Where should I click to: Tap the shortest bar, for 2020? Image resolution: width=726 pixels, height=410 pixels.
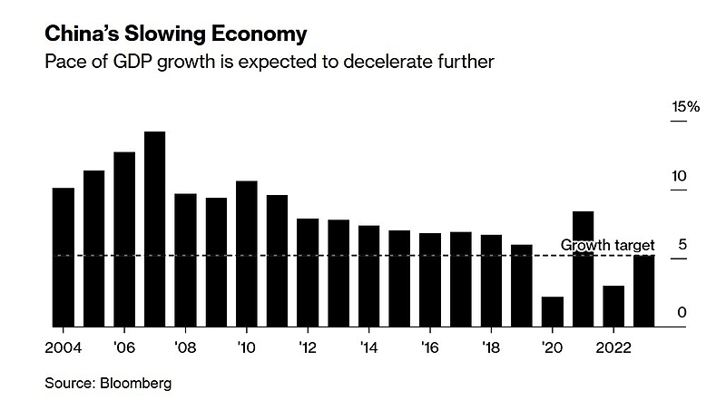[552, 311]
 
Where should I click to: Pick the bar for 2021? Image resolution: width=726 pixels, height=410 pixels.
[583, 268]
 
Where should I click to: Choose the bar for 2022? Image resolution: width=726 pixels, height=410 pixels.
[613, 306]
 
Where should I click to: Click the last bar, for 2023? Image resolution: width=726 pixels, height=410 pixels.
[643, 290]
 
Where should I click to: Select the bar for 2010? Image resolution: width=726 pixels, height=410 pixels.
[246, 253]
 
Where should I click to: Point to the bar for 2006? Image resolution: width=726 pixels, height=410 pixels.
[124, 239]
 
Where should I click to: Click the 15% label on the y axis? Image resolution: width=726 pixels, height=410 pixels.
[685, 107]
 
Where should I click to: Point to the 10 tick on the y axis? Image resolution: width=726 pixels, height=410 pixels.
[678, 176]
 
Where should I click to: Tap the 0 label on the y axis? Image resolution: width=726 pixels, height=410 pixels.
[682, 313]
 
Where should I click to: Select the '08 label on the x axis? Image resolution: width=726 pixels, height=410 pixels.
[185, 347]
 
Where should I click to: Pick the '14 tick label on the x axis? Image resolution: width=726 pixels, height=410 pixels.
[368, 347]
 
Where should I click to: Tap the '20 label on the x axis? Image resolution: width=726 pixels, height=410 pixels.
[551, 347]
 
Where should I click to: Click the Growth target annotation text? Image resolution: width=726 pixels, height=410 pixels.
[607, 245]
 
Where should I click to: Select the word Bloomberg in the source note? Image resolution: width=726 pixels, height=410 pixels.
[136, 383]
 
